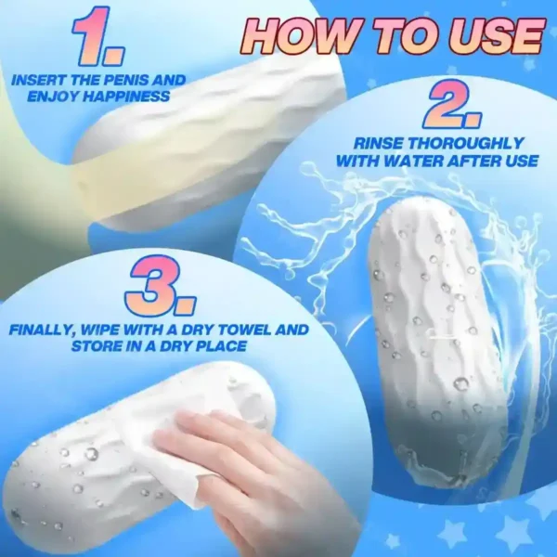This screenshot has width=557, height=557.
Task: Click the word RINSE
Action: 378,144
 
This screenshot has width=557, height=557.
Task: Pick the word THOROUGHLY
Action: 465,144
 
